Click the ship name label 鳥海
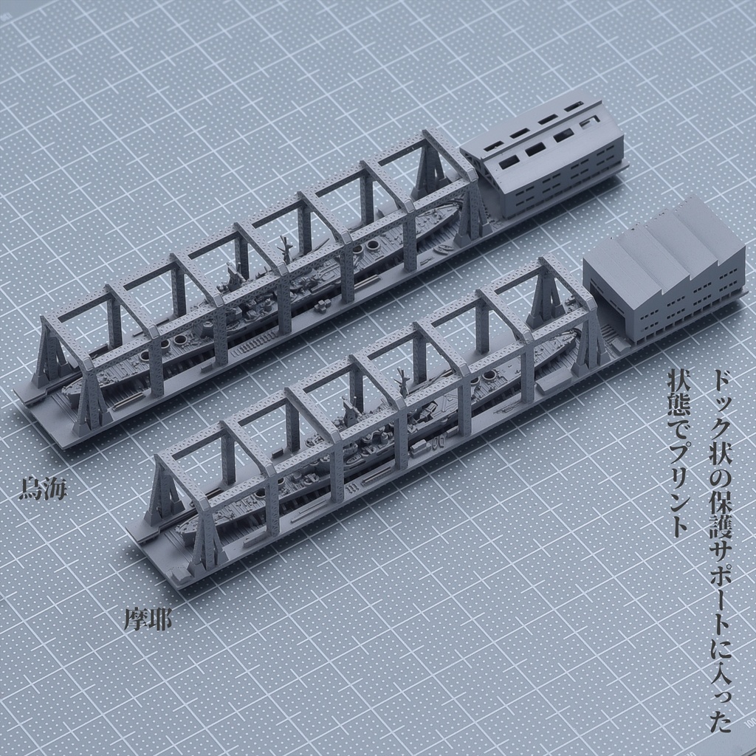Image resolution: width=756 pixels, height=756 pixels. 42,488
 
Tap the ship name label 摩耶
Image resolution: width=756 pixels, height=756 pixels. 148,619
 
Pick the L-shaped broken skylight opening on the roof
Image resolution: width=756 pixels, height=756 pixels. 591,120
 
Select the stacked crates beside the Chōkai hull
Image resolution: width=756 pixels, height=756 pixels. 323,304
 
